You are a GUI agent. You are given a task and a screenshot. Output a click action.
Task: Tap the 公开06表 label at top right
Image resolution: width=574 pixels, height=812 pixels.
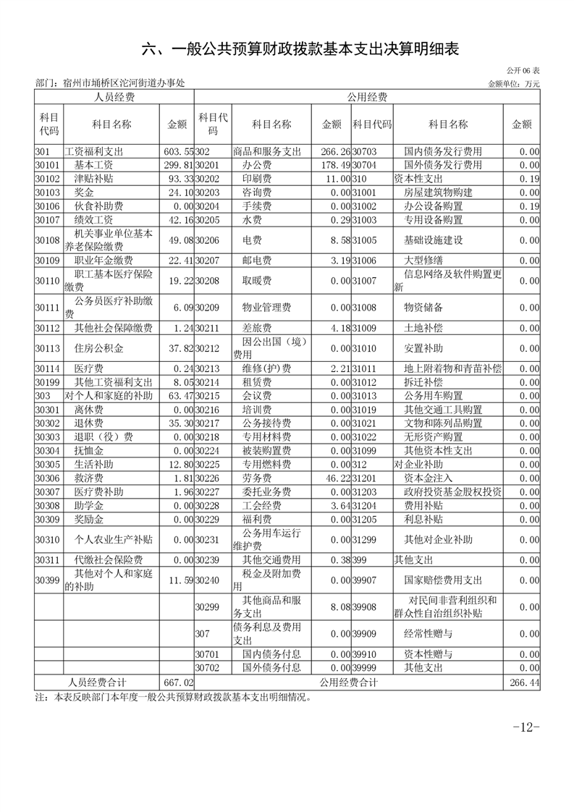click(x=523, y=71)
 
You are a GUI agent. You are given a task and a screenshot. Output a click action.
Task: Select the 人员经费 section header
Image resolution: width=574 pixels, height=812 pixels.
click(x=114, y=97)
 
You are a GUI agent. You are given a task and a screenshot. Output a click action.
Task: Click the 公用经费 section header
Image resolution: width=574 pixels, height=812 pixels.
click(x=367, y=97)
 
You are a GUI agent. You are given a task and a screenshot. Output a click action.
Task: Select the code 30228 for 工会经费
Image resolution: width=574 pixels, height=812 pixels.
click(x=207, y=506)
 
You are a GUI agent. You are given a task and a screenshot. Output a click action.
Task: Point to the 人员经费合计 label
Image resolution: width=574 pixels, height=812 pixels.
click(x=97, y=682)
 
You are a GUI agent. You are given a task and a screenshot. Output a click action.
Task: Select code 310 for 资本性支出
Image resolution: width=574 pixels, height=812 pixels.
click(x=360, y=179)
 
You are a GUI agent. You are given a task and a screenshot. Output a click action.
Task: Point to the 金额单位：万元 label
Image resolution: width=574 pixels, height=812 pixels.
click(x=515, y=84)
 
